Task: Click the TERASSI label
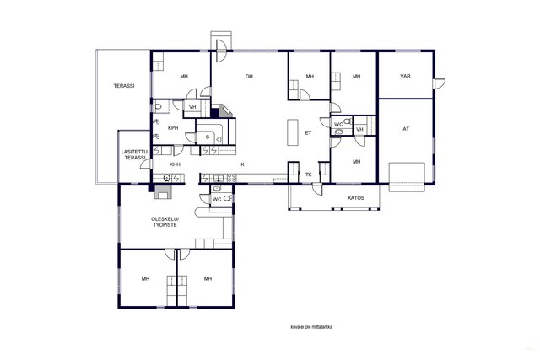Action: (124, 86)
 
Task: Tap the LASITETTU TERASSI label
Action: (134, 154)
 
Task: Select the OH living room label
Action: (249, 76)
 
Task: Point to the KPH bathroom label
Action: (173, 128)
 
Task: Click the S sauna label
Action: (208, 137)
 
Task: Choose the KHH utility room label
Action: (175, 164)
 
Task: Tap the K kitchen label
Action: (242, 164)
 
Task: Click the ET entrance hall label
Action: (308, 132)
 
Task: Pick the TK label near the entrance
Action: (309, 175)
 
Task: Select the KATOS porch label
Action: (356, 198)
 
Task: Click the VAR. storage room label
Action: (406, 76)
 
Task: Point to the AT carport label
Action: (406, 129)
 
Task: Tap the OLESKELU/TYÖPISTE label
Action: (165, 222)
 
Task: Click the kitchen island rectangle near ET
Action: (293, 132)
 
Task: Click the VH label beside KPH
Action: (192, 107)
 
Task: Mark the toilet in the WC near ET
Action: (348, 121)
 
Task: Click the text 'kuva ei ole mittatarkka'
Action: (311, 327)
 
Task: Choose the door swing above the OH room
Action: (221, 51)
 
